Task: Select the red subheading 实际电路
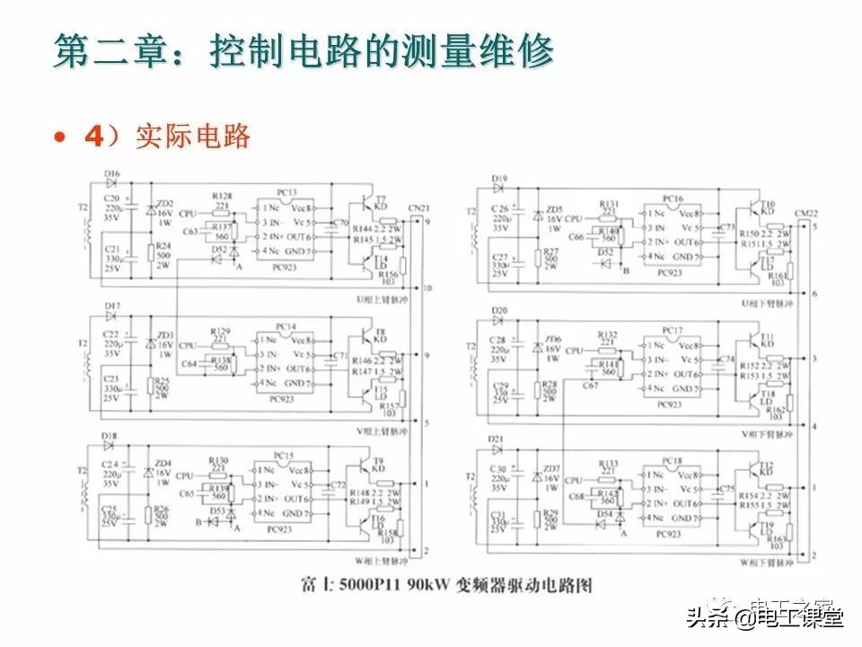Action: point(192,137)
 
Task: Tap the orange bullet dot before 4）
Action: point(59,137)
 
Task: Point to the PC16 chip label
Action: point(673,198)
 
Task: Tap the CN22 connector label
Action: point(806,213)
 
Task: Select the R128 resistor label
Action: point(221,195)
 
